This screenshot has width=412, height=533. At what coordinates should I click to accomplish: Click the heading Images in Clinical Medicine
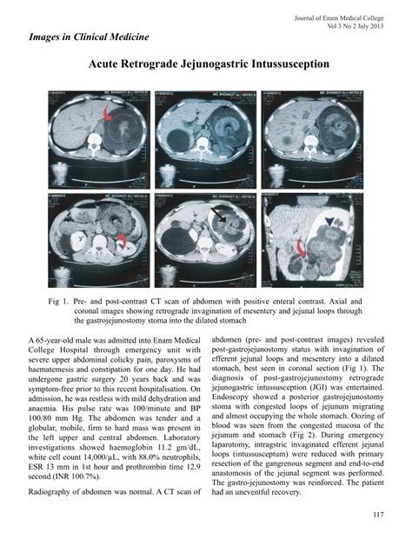(x=89, y=37)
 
